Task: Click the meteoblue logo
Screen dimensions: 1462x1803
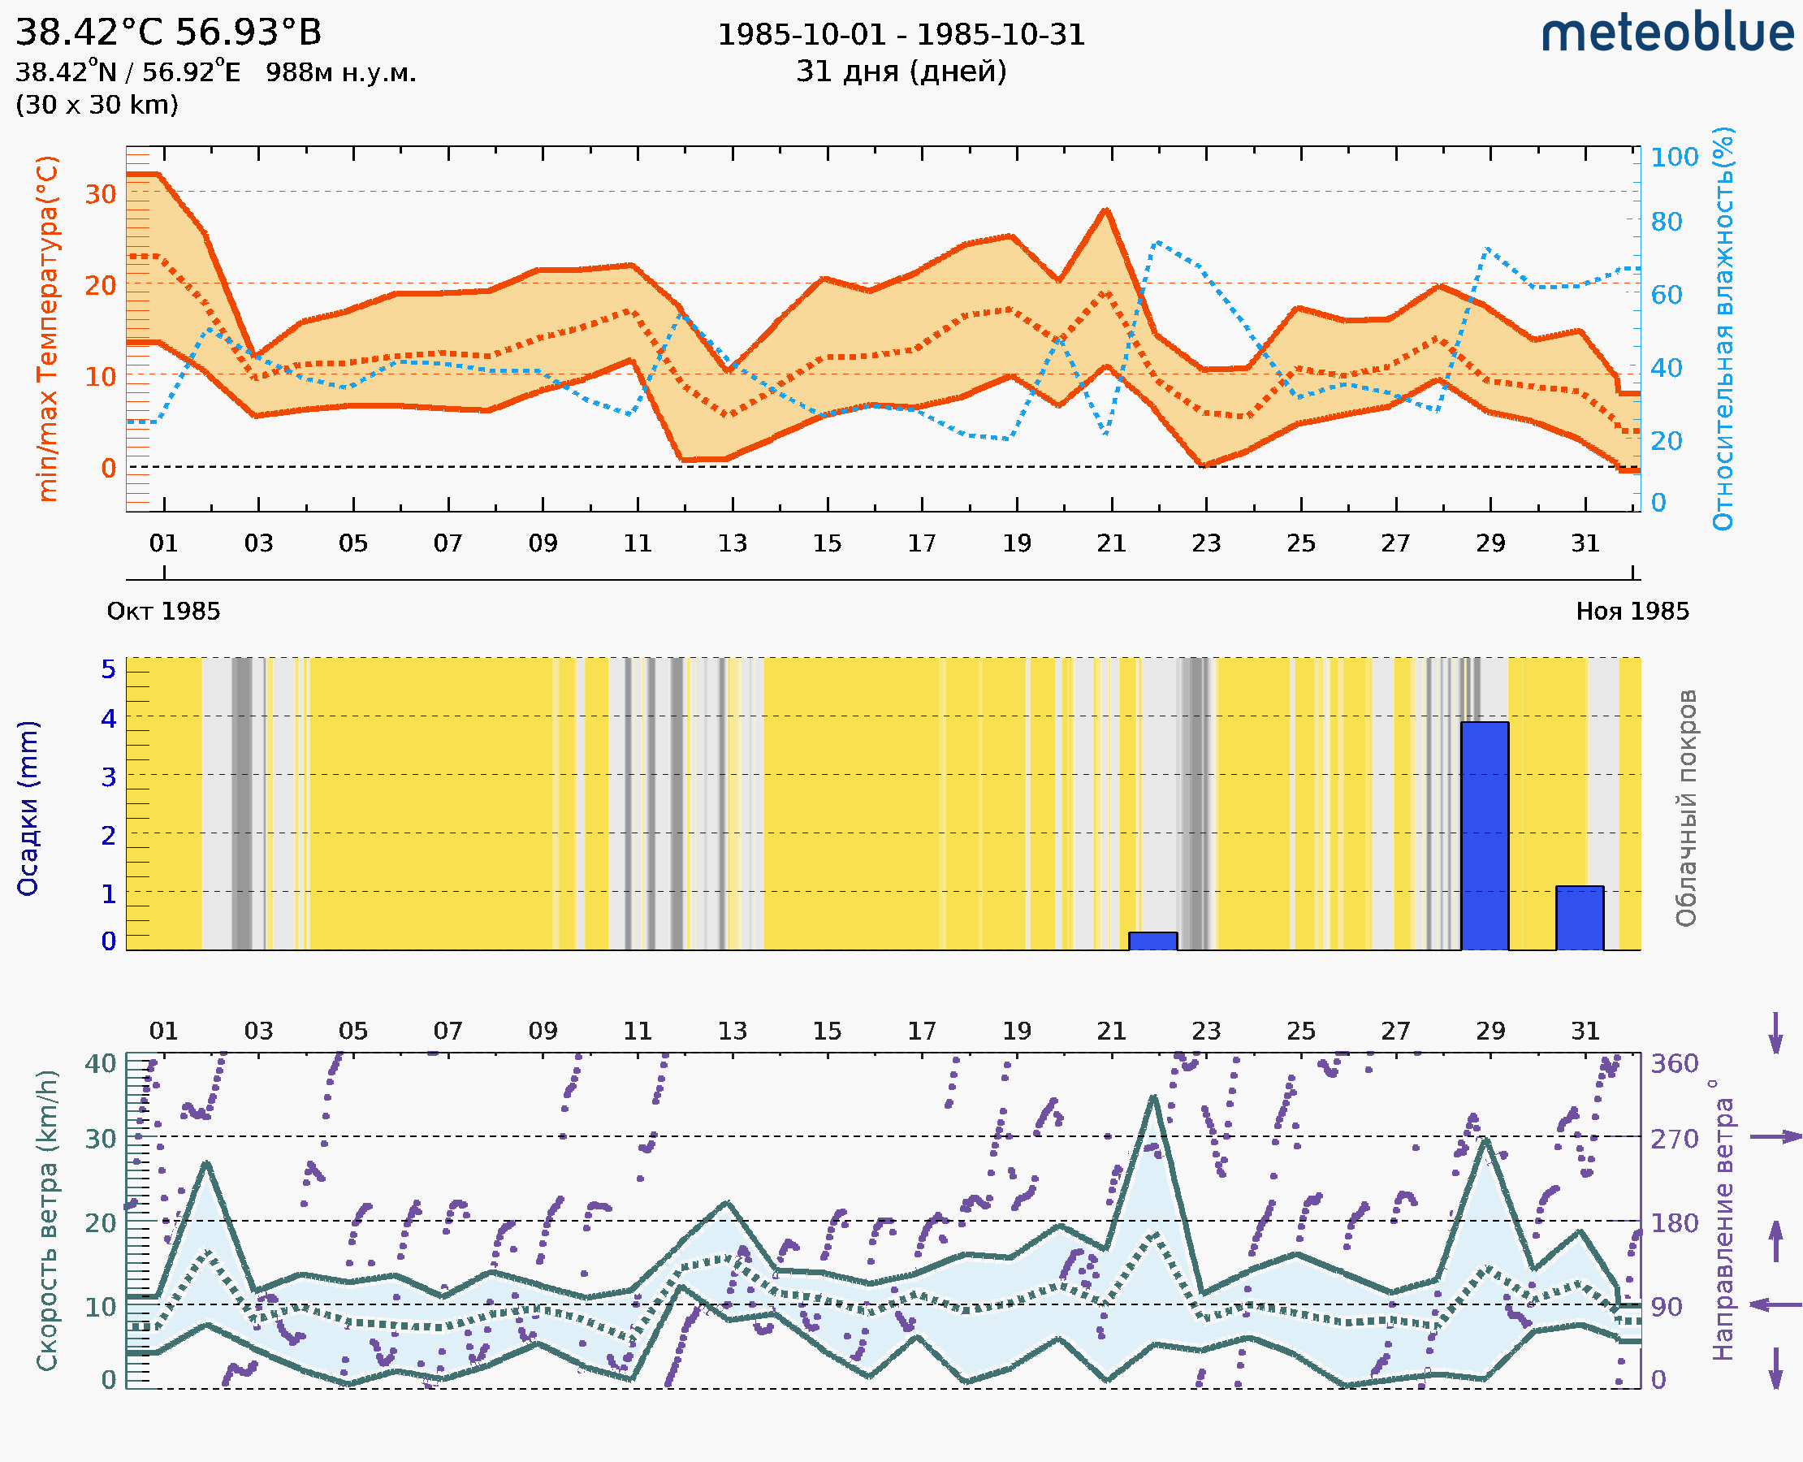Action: coord(1667,33)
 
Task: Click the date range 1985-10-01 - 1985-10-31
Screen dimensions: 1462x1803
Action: coord(901,35)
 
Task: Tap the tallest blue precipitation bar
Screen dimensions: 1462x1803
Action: coord(1484,836)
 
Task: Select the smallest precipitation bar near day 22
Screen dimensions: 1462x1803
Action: coord(1152,941)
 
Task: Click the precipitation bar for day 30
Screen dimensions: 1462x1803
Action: coord(1579,918)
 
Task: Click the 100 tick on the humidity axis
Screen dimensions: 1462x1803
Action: coord(1674,158)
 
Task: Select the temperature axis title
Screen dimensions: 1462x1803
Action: coord(48,328)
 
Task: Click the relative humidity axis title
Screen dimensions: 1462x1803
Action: coord(1723,328)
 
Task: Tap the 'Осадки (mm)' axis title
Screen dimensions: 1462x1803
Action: coord(28,808)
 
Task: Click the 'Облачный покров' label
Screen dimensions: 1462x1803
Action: coord(1685,808)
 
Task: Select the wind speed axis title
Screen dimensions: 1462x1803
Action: coord(48,1220)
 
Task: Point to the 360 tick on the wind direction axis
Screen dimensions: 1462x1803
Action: coord(1674,1064)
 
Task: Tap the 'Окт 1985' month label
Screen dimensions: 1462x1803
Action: coord(163,612)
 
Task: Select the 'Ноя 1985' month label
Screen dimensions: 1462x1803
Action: coord(1632,612)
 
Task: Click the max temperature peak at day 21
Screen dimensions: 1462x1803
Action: coord(1106,210)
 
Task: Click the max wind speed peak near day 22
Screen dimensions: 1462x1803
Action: coord(1153,1097)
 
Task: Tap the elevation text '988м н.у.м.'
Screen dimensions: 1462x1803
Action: coord(340,72)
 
